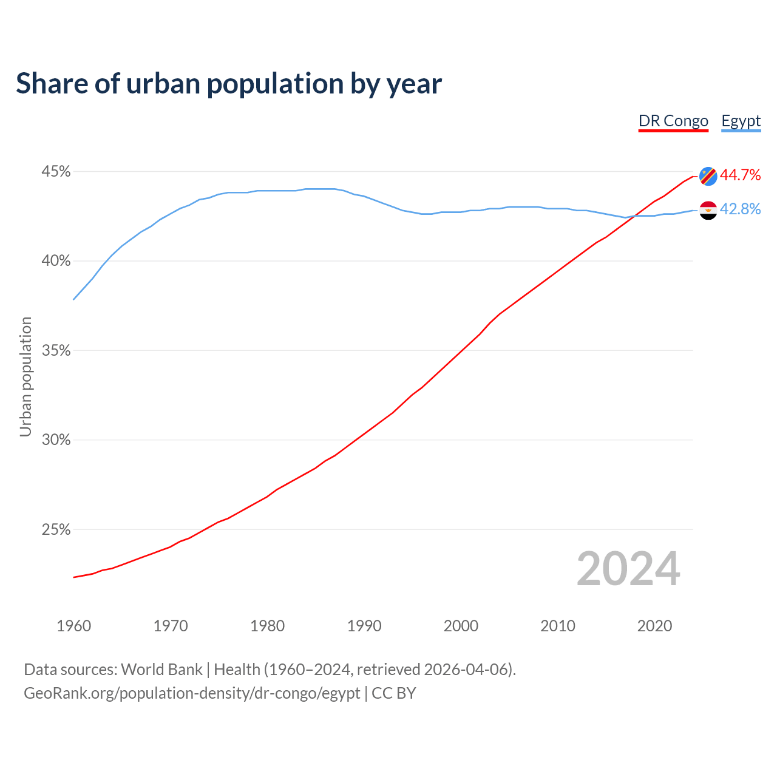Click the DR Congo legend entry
[673, 121]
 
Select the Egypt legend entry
[741, 121]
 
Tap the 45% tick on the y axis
[56, 172]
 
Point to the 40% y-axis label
[56, 261]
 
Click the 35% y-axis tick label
[56, 351]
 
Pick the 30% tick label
[56, 440]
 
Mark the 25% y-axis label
[56, 530]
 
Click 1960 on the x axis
[73, 626]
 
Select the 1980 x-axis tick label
[267, 626]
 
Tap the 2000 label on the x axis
[461, 626]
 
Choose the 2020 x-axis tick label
[654, 626]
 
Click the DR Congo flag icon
[708, 176]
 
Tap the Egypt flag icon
[708, 210]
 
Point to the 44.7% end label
[741, 175]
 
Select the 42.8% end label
[741, 209]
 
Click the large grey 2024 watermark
[628, 569]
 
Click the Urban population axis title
[25, 376]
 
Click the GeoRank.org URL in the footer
[192, 693]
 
